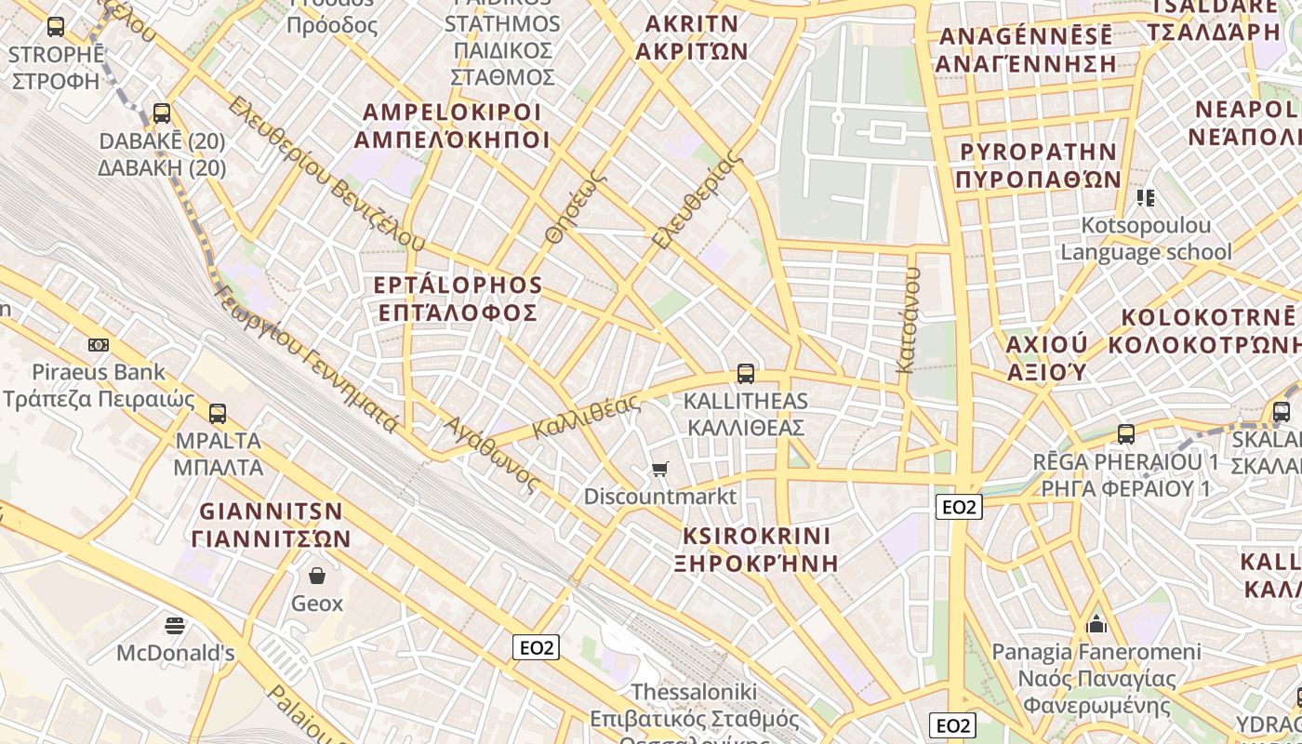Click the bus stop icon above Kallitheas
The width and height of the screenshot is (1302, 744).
click(745, 374)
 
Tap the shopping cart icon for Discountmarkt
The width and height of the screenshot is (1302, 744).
click(660, 469)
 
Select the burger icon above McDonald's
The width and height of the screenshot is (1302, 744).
click(175, 625)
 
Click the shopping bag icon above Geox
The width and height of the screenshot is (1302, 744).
click(317, 576)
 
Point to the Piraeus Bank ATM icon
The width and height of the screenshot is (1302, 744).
click(99, 345)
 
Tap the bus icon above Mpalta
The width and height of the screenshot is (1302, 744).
click(218, 413)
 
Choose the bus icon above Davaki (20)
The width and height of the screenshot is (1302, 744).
click(162, 113)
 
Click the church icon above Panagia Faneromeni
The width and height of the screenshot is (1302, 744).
click(1096, 623)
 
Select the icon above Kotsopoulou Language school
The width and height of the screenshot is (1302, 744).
click(1145, 197)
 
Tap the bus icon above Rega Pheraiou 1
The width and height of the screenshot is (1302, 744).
click(1126, 433)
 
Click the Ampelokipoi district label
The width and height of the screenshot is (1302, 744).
click(452, 126)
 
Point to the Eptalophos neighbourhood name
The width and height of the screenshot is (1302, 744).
click(458, 298)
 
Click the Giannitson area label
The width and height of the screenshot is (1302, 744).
click(272, 525)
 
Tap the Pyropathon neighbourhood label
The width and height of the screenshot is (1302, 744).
click(1038, 165)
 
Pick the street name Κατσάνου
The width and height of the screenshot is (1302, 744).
click(908, 321)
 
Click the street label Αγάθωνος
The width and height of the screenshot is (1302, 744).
click(491, 453)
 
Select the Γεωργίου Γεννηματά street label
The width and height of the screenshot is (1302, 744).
click(307, 358)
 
